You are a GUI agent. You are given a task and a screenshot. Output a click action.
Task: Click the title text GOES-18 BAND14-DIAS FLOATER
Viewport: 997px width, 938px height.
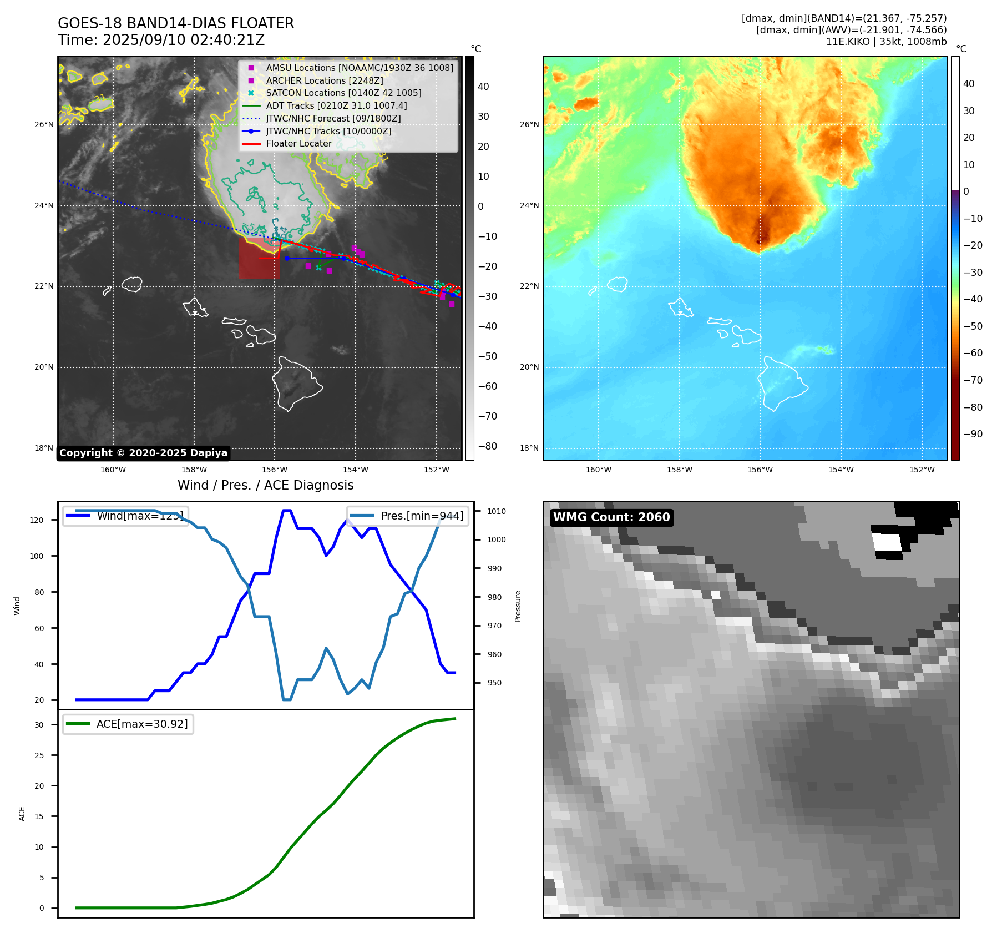coord(176,23)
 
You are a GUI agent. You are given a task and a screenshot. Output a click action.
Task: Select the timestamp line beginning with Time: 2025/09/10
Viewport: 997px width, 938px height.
coord(161,41)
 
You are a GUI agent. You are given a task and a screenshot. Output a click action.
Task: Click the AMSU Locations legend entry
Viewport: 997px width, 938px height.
coord(359,68)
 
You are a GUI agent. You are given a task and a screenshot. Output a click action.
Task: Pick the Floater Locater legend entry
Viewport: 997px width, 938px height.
coord(298,144)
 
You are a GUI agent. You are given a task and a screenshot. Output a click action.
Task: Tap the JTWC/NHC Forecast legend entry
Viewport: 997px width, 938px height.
coord(333,118)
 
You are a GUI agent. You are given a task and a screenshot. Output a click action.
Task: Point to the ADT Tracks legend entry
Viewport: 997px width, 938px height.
coord(336,105)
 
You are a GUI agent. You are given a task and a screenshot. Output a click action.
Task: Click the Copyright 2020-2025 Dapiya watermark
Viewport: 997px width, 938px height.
coord(143,453)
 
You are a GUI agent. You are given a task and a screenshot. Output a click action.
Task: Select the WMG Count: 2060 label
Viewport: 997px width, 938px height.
coord(611,517)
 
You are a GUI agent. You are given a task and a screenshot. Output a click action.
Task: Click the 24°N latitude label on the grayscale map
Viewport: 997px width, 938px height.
coord(44,206)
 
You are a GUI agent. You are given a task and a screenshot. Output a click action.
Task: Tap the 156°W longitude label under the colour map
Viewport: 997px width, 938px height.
coord(760,470)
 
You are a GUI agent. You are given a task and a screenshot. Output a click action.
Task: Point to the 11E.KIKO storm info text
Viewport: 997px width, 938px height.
coord(886,42)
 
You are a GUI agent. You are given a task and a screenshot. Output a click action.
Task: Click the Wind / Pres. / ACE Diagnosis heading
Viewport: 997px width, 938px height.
coord(265,485)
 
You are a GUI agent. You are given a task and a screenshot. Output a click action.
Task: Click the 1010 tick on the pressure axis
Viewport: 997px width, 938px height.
coord(497,511)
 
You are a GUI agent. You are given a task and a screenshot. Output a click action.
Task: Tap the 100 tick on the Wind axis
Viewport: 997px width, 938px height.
coord(37,556)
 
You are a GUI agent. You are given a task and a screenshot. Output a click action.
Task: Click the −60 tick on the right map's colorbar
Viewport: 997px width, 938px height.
coord(973,353)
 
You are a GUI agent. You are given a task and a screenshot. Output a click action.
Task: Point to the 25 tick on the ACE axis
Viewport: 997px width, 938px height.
coord(39,755)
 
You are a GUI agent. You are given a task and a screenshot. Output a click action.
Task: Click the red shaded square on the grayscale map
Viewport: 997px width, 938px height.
coord(259,258)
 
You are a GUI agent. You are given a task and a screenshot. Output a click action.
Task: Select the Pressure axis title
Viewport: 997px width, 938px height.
coord(518,606)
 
